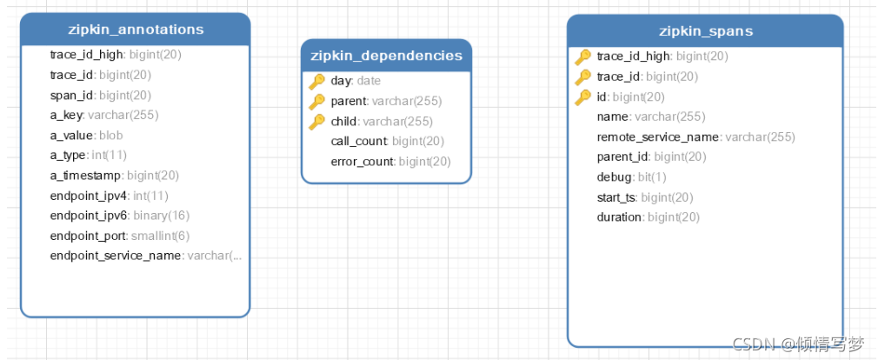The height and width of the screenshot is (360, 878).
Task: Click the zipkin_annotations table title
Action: [x=136, y=29]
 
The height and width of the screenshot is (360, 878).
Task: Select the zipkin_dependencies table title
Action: [x=386, y=56]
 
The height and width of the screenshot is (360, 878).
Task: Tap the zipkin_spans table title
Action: [x=706, y=30]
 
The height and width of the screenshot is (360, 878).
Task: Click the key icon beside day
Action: [x=317, y=82]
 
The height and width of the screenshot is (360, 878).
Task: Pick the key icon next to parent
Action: [x=317, y=102]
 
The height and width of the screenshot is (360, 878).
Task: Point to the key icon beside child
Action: [x=317, y=122]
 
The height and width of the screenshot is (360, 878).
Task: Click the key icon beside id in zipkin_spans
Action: [x=583, y=97]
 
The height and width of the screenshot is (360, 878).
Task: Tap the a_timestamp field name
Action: [x=85, y=176]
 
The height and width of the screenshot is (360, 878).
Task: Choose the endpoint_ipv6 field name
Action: [x=89, y=216]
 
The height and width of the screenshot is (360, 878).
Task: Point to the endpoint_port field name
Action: [x=89, y=236]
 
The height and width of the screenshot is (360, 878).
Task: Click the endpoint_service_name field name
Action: [x=116, y=256]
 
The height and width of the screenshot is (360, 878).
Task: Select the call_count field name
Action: [x=358, y=142]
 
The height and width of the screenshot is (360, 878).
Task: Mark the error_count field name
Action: [x=362, y=162]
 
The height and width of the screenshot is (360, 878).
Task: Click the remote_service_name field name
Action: [x=657, y=137]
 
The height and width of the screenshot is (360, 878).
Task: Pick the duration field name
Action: [x=619, y=217]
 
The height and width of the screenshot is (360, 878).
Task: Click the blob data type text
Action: [x=111, y=136]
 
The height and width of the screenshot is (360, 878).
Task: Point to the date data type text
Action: [x=369, y=81]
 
